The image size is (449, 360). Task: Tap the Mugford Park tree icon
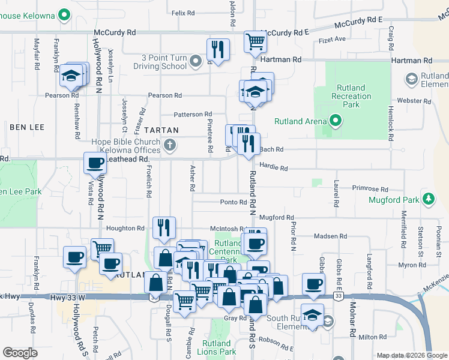pyautogui.click(x=429, y=199)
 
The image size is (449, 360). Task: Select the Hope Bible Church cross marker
pyautogui.click(x=170, y=145)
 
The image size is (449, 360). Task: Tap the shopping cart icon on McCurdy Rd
pyautogui.click(x=256, y=42)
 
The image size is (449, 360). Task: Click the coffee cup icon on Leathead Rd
pyautogui.click(x=95, y=163)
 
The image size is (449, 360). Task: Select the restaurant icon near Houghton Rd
pyautogui.click(x=164, y=227)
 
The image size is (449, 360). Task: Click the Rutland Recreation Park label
pyautogui.click(x=351, y=96)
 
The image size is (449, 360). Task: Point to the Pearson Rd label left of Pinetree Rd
pyautogui.click(x=164, y=95)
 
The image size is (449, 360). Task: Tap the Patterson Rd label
pyautogui.click(x=193, y=114)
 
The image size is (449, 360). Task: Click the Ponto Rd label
pyautogui.click(x=234, y=203)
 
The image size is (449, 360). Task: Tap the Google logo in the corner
pyautogui.click(x=20, y=353)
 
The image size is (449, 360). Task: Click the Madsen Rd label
pyautogui.click(x=326, y=236)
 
